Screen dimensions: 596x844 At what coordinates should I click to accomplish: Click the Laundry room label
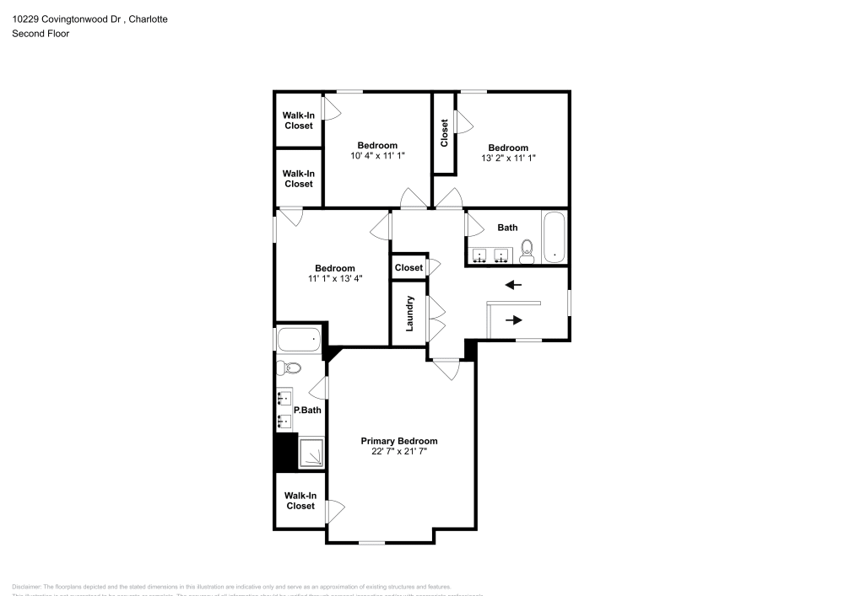[410, 313]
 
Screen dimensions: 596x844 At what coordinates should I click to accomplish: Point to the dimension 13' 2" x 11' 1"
[508, 158]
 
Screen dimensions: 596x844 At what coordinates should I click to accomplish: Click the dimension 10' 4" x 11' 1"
[377, 155]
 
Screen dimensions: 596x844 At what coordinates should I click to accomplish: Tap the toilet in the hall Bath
[527, 250]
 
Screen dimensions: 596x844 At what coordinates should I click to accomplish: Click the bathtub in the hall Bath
[554, 237]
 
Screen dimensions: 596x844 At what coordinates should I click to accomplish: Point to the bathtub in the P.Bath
[300, 340]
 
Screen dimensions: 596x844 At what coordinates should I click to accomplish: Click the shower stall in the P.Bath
[311, 453]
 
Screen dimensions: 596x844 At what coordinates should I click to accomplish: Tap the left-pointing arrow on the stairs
[513, 285]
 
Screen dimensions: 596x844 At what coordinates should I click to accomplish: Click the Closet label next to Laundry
[408, 267]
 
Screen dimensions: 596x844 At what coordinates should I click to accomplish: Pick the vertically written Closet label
[444, 133]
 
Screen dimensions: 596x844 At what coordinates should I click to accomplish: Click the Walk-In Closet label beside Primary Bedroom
[300, 501]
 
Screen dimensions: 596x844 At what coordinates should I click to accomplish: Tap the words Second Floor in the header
[41, 34]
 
